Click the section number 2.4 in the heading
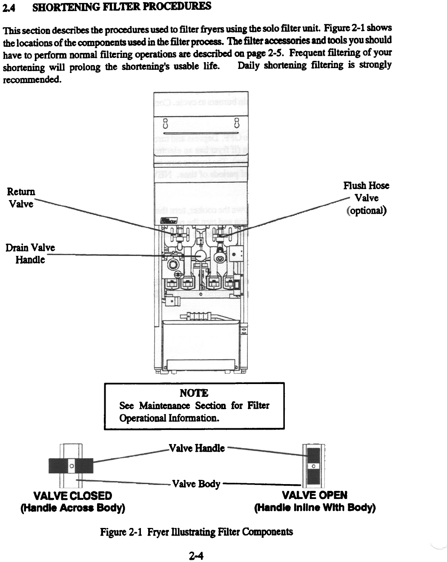(x=10, y=7)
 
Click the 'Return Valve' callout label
(x=20, y=198)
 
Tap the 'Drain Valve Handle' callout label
(x=30, y=253)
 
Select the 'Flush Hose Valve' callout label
(x=366, y=191)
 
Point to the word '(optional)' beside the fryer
(x=367, y=210)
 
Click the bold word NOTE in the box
(x=194, y=393)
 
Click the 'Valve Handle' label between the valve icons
(x=197, y=448)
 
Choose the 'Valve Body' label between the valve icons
(x=196, y=484)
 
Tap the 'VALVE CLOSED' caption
(x=72, y=496)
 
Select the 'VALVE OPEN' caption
(x=315, y=495)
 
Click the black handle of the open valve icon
(x=313, y=455)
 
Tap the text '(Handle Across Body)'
(x=72, y=508)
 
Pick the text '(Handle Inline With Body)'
(x=315, y=508)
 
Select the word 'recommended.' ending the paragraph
(x=32, y=80)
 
